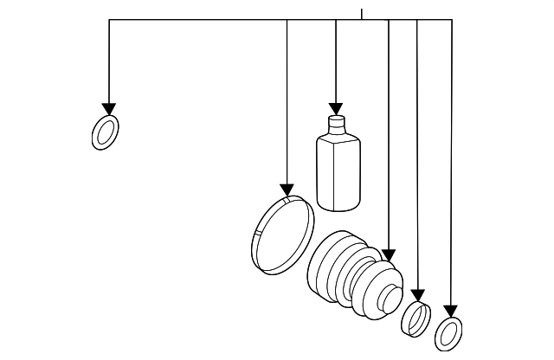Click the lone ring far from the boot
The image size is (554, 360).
tap(105, 132)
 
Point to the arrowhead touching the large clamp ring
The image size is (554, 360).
tap(287, 190)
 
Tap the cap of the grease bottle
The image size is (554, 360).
tap(336, 122)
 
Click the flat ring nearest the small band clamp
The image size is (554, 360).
tap(448, 332)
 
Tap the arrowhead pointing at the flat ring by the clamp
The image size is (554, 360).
tap(451, 311)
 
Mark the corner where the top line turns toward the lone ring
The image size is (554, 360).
tap(109, 20)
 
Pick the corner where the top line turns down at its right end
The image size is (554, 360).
tap(452, 20)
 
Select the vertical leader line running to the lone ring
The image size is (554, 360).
tap(109, 61)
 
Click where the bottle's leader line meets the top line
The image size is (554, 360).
tap(336, 20)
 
